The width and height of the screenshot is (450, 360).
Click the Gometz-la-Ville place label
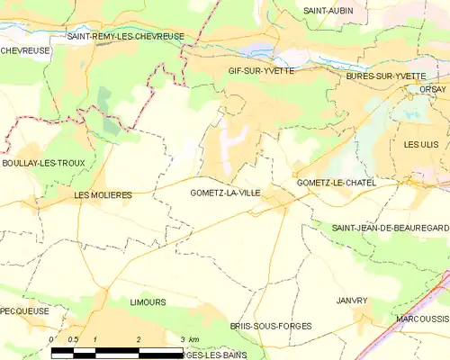click(x=225, y=193)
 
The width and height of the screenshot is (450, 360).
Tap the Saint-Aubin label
click(x=328, y=10)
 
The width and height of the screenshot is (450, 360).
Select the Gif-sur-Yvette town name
click(x=261, y=70)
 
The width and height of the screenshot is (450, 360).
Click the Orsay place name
click(x=432, y=89)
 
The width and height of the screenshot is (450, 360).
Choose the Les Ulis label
click(x=425, y=144)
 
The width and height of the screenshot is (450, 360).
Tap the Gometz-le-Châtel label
click(x=336, y=183)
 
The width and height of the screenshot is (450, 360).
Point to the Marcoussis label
click(x=421, y=319)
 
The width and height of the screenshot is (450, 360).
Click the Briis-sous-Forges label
click(x=263, y=328)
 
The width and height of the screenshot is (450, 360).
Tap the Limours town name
click(x=148, y=303)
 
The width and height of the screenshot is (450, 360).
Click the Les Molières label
click(x=103, y=194)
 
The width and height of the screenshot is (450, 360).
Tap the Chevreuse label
click(x=22, y=50)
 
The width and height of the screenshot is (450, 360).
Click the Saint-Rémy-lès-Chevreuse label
click(x=126, y=37)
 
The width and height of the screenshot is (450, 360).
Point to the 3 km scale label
click(x=188, y=338)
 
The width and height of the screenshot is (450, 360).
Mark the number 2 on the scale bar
click(x=139, y=338)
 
